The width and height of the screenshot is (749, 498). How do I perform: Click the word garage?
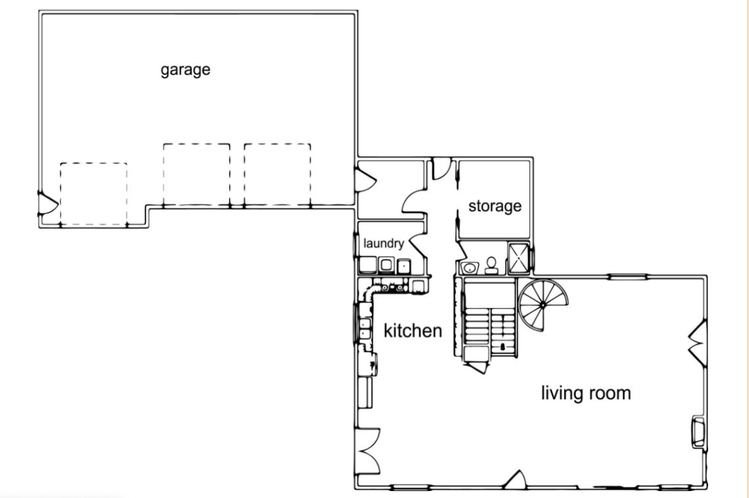(185, 70)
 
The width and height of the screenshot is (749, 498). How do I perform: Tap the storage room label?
(495, 206)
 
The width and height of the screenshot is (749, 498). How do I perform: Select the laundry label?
(384, 244)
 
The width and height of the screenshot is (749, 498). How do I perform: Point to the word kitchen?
(413, 330)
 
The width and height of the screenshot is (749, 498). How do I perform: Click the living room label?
(586, 393)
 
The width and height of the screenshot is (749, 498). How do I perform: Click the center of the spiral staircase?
(543, 304)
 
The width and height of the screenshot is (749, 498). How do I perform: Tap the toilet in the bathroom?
(491, 266)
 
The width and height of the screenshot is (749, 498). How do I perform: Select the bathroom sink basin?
(470, 267)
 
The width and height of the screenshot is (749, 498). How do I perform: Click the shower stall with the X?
(519, 258)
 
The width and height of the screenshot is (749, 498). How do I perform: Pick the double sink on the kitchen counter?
(365, 328)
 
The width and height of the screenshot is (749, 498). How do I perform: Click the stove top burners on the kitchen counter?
(392, 287)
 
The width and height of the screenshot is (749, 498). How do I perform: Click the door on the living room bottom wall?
(516, 480)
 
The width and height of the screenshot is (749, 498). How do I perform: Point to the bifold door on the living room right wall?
(698, 344)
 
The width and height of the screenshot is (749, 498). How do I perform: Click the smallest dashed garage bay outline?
(94, 194)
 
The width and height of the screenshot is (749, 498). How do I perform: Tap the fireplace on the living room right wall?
(699, 433)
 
